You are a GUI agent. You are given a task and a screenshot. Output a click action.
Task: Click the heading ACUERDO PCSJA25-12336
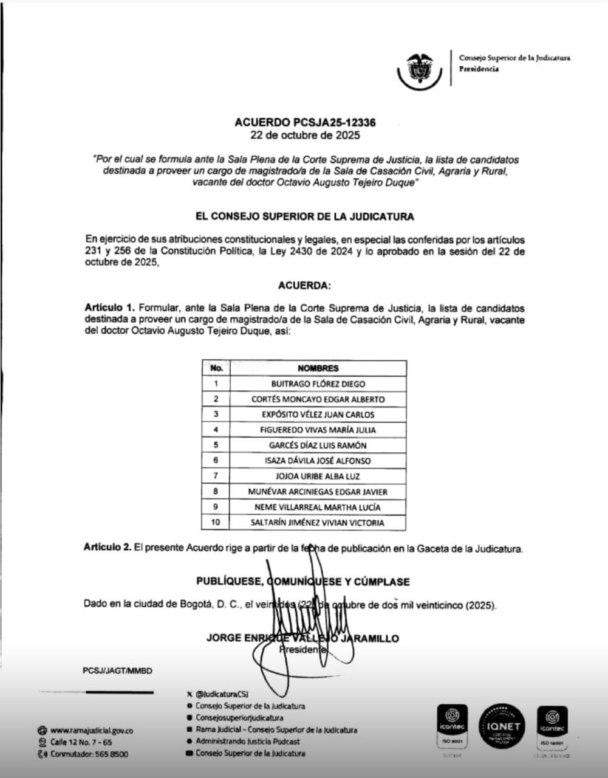pos(309,122)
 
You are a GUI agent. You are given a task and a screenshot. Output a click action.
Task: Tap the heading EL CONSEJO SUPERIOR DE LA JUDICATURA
pos(304,216)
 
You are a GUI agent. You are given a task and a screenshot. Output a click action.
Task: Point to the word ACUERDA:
pos(304,285)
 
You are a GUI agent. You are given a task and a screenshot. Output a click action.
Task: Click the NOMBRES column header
pos(318,368)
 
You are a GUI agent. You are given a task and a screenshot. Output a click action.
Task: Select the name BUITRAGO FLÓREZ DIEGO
pos(318,384)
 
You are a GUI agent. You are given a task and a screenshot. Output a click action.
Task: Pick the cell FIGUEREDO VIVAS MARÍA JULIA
pos(318,430)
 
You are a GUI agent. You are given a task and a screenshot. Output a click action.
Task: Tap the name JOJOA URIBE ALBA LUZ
pos(318,476)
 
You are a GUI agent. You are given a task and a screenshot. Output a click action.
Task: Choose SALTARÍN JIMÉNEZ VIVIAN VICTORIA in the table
pos(318,522)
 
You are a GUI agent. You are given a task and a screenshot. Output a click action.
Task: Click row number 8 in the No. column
pos(216,491)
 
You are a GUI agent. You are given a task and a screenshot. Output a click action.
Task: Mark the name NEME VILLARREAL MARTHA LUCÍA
pos(318,507)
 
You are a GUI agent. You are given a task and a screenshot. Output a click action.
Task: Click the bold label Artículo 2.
pos(108,548)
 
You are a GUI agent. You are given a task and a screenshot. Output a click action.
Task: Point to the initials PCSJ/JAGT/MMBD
pos(117,671)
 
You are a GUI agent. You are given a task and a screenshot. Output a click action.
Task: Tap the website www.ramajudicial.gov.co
pos(92,731)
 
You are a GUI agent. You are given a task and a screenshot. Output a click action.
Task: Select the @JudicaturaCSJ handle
pos(222,694)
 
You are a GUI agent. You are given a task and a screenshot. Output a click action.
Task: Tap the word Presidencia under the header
pos(479,69)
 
